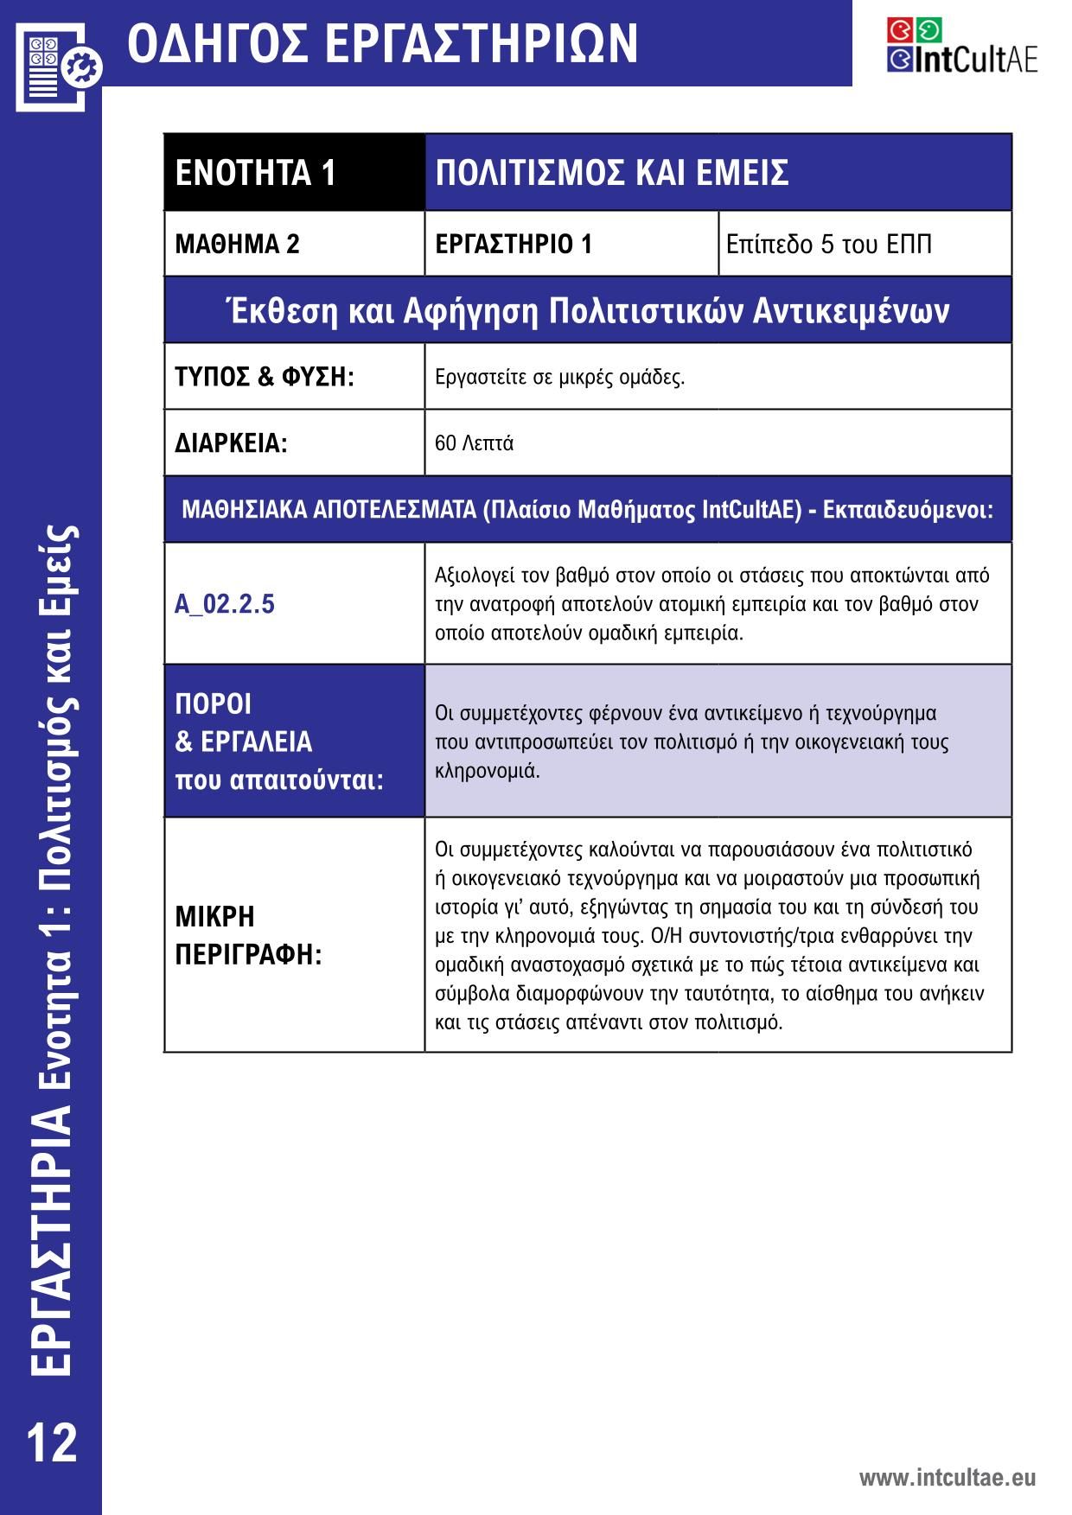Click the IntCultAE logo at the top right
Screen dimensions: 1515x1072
tap(961, 46)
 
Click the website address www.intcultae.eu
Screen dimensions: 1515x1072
tap(947, 1477)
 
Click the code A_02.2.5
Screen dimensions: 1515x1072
tap(225, 603)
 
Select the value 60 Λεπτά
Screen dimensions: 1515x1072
tap(474, 443)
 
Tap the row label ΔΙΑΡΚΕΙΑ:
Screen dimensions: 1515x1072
tap(231, 443)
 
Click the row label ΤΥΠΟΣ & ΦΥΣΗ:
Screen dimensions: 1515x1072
tap(265, 377)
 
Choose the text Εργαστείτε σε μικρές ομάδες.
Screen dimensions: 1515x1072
tap(559, 377)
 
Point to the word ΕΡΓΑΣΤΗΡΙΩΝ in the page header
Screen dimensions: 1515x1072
tap(484, 43)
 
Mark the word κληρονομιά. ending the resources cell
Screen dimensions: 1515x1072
tap(488, 771)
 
